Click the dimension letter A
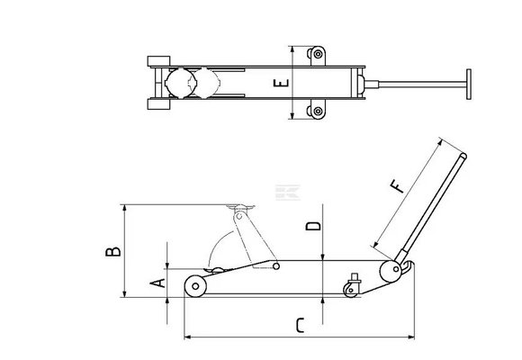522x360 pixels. pyautogui.click(x=157, y=283)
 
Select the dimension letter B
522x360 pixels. pyautogui.click(x=113, y=251)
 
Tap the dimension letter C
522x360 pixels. pyautogui.click(x=300, y=326)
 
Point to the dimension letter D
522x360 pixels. pyautogui.click(x=313, y=226)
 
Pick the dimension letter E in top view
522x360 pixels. pyautogui.click(x=282, y=83)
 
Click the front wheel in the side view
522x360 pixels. pyautogui.click(x=195, y=286)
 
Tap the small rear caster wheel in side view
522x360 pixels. pyautogui.click(x=351, y=290)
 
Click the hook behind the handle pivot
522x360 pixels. pyautogui.click(x=409, y=267)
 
